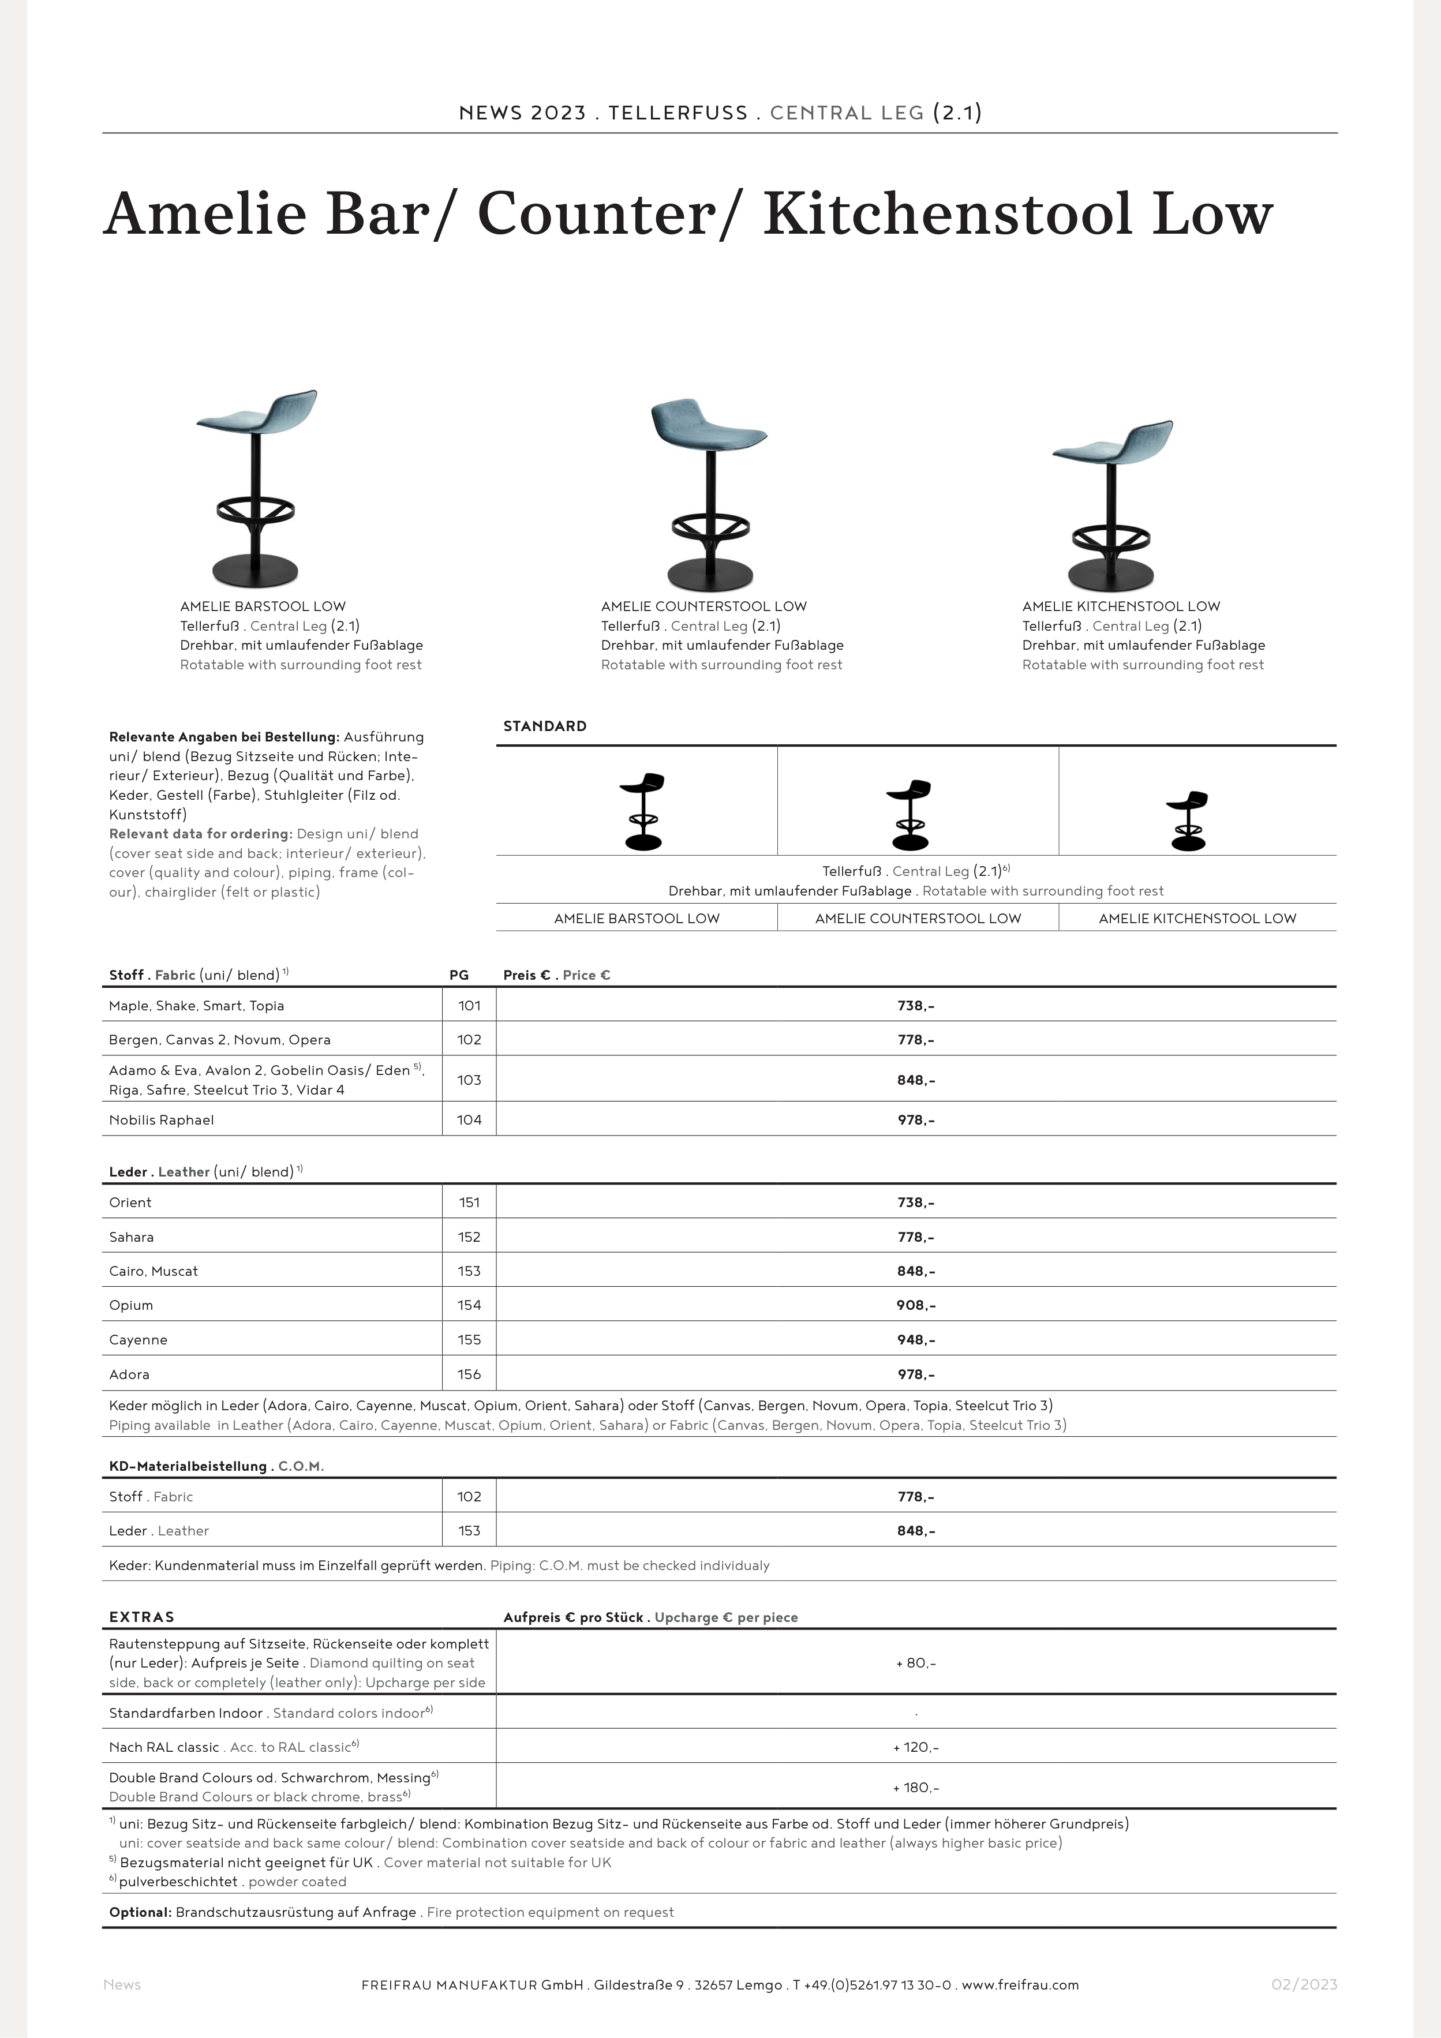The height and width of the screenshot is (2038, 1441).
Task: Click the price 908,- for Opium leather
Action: (915, 1305)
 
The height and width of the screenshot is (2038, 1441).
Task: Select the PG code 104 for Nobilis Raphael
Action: (469, 1120)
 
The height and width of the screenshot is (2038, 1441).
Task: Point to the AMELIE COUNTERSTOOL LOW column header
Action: (917, 919)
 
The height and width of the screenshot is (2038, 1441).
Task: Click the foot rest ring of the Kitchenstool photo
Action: (1111, 538)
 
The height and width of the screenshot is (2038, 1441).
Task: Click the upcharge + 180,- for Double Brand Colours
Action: (915, 1788)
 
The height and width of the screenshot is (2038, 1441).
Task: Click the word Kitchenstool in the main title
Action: (948, 215)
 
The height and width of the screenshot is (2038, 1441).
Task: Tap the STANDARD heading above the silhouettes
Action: (544, 726)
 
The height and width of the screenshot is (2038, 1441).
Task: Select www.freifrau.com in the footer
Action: (1020, 1985)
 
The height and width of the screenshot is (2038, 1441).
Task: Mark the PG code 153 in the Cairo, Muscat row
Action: (469, 1271)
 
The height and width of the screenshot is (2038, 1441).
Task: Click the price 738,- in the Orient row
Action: (915, 1202)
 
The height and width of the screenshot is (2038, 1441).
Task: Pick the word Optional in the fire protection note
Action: (140, 1912)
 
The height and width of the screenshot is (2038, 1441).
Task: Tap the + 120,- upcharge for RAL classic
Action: (915, 1747)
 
